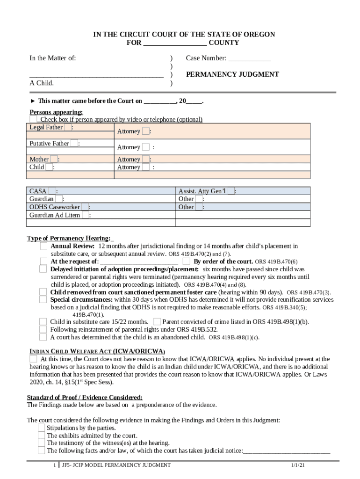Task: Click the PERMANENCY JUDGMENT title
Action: click(x=232, y=74)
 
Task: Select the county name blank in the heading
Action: click(x=174, y=43)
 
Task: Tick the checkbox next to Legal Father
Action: click(x=68, y=128)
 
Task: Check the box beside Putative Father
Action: click(x=74, y=144)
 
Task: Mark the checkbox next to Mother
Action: click(x=54, y=160)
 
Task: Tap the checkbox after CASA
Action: click(x=52, y=191)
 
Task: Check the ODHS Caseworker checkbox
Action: click(x=85, y=207)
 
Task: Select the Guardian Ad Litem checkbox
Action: click(x=85, y=215)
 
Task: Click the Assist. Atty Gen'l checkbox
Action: click(x=231, y=191)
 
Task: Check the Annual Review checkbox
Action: click(x=43, y=246)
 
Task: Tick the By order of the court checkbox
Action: click(x=187, y=261)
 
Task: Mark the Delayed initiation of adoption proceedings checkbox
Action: click(x=43, y=269)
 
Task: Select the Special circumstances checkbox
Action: click(x=43, y=299)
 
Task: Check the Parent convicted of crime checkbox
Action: click(x=157, y=321)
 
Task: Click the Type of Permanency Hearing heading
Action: click(x=69, y=238)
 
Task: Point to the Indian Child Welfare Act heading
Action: click(x=97, y=351)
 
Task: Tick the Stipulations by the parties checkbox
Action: click(x=42, y=428)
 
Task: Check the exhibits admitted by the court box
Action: click(x=42, y=435)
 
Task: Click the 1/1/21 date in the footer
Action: click(x=297, y=465)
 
